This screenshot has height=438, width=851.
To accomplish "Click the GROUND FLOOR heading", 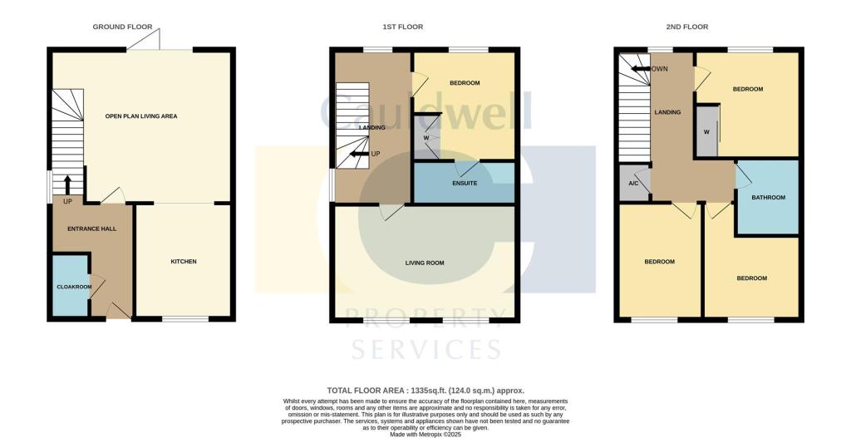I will pos(121,27).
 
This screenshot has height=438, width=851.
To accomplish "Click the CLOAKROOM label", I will pos(75,287).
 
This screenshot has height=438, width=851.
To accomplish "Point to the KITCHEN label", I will pos(184,262).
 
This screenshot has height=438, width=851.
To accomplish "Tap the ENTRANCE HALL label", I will pos(91,229).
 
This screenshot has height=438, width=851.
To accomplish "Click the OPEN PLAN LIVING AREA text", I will pos(141,116).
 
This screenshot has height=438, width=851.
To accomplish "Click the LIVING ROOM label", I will pos(425,263).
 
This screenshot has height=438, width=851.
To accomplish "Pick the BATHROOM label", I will pos(768,198).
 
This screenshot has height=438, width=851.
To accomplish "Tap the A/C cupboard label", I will pos(633,184).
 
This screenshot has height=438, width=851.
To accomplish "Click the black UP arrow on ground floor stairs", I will pos(68,185).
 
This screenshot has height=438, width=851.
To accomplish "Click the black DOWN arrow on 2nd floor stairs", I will pos(642,70).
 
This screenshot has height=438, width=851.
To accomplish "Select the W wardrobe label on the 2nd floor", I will pos(706,131).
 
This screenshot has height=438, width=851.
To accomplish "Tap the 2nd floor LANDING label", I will pos(668,112).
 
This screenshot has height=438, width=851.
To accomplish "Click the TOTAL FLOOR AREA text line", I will pos(425,390).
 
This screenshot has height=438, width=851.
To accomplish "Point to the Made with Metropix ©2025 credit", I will pos(425,432).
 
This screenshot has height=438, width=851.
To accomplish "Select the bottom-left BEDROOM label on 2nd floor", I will pos(659,262).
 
